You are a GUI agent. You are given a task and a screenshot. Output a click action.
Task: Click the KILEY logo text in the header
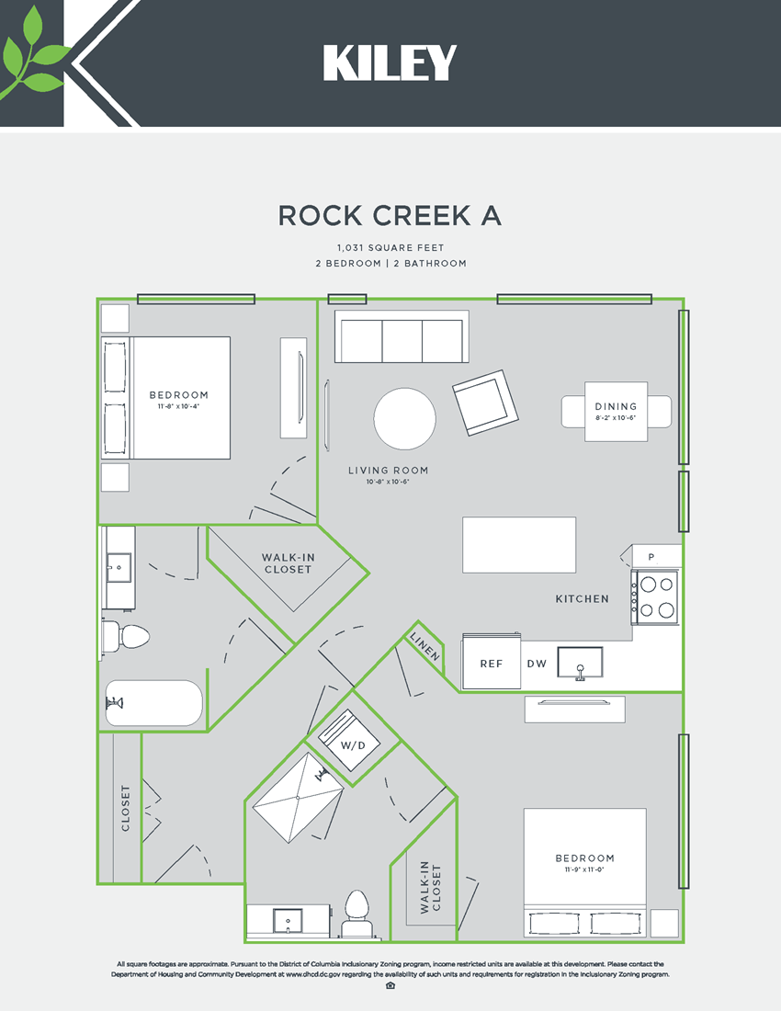[x=390, y=63]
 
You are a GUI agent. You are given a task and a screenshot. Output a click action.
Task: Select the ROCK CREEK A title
[x=390, y=215]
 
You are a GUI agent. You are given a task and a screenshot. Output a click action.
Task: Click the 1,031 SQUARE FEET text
[x=390, y=248]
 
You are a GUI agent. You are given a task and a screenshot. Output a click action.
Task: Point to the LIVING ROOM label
[x=388, y=471]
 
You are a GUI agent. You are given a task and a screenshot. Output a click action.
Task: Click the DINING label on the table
[x=616, y=406]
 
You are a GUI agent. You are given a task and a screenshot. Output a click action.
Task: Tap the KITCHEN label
[x=582, y=599]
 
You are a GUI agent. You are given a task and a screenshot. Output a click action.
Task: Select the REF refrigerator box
[x=491, y=664]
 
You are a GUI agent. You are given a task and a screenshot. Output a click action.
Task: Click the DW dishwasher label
[x=537, y=664]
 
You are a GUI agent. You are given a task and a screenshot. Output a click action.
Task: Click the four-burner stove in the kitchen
[x=655, y=596]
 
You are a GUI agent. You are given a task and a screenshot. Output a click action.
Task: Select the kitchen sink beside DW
[x=580, y=663]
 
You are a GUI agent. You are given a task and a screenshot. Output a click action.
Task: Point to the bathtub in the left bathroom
[x=153, y=704]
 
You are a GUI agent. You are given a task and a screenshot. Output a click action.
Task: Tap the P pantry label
[x=651, y=557]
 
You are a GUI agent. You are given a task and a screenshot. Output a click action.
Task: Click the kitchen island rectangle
[x=520, y=545]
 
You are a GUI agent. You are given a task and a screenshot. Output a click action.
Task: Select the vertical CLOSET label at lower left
[x=126, y=808]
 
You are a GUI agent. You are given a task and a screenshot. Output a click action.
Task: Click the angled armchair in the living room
[x=485, y=403]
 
